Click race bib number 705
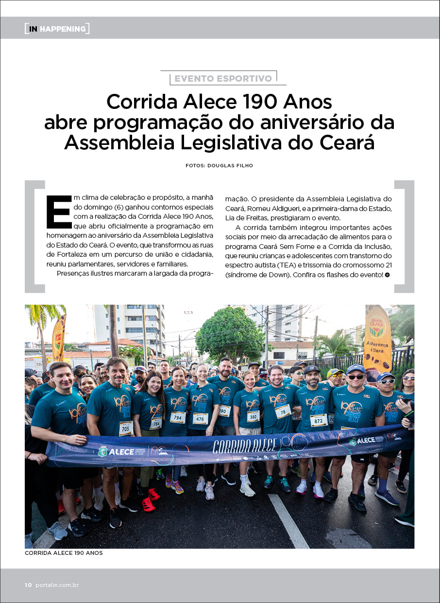pyautogui.click(x=126, y=428)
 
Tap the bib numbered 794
pyautogui.click(x=177, y=417)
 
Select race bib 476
pyautogui.click(x=200, y=418)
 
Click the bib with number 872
pyautogui.click(x=318, y=420)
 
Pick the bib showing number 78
pyautogui.click(x=283, y=411)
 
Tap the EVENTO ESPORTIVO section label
pyautogui.click(x=223, y=78)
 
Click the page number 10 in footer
pyautogui.click(x=28, y=585)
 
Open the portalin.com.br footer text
pyautogui.click(x=57, y=585)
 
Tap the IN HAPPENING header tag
pyautogui.click(x=57, y=29)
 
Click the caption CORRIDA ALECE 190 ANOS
pyautogui.click(x=64, y=553)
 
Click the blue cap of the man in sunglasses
pyautogui.click(x=355, y=369)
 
